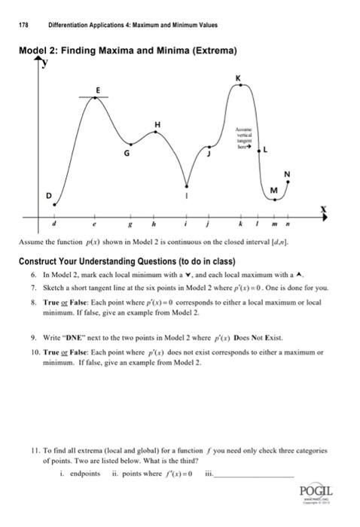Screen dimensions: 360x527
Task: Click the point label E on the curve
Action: pyautogui.click(x=96, y=90)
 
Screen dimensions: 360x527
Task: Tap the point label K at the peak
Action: pyautogui.click(x=239, y=78)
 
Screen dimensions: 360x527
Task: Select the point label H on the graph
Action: pyautogui.click(x=157, y=123)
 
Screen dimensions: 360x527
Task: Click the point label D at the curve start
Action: pyautogui.click(x=50, y=196)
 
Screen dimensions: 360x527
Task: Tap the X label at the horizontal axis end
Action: pyautogui.click(x=325, y=208)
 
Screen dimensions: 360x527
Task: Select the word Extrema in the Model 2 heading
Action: pyautogui.click(x=212, y=51)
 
